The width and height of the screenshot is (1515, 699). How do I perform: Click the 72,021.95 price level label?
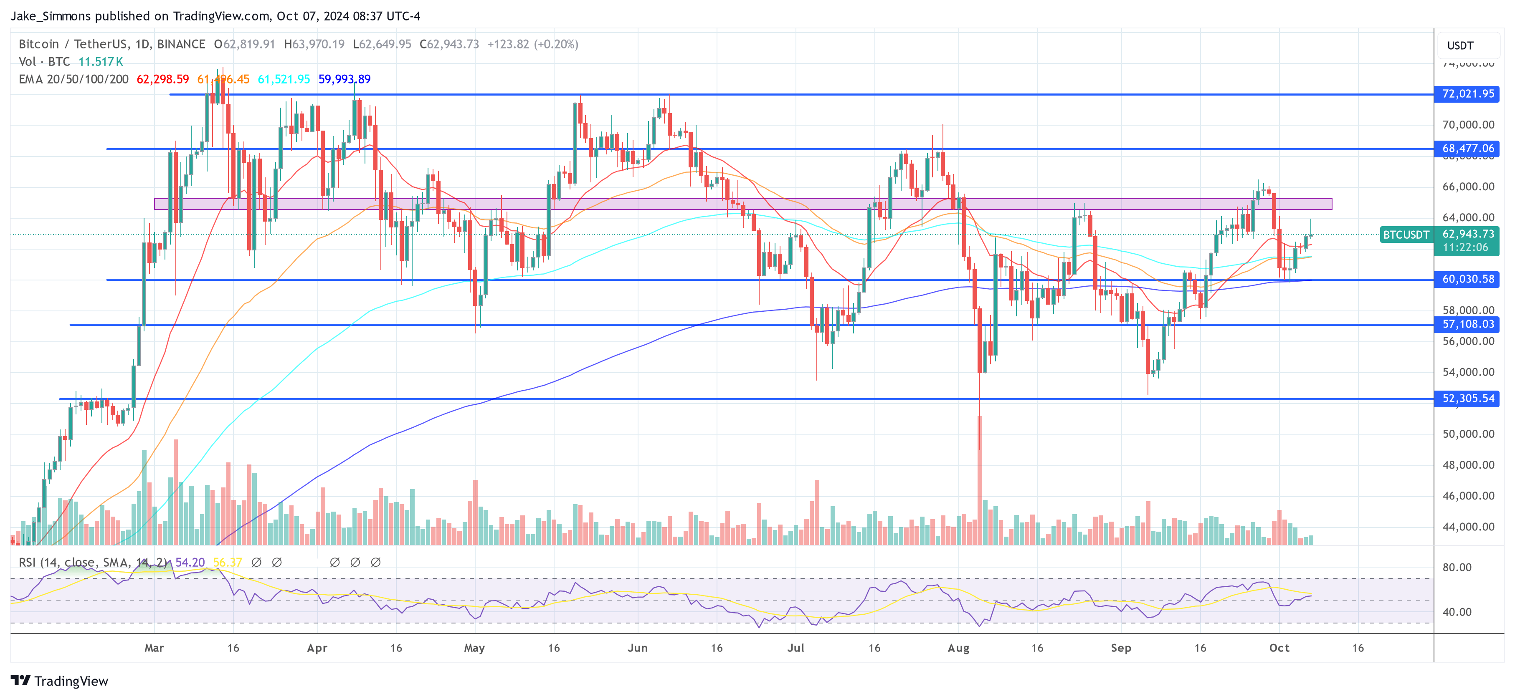(1467, 94)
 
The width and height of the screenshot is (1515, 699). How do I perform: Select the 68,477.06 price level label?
(1467, 149)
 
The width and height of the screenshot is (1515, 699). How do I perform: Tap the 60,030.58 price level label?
(1467, 279)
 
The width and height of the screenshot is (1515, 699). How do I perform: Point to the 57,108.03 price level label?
(1467, 324)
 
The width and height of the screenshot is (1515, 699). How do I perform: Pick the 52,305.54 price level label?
(1467, 399)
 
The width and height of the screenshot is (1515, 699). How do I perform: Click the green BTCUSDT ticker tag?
(1406, 235)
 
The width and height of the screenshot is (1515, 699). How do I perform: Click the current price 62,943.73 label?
(1467, 234)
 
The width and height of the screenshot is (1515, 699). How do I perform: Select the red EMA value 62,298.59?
(162, 79)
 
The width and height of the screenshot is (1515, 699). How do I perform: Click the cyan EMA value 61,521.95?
(284, 79)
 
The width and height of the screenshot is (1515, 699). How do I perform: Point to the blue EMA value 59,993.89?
(344, 79)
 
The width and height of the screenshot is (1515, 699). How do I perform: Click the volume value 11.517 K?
(101, 62)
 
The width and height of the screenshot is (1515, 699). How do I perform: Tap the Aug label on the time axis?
(958, 648)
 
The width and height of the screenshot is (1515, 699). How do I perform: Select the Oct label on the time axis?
(1279, 648)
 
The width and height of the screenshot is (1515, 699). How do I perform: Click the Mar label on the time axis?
(154, 648)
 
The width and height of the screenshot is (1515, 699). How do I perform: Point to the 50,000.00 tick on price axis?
(1468, 434)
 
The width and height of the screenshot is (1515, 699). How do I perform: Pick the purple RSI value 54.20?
(190, 563)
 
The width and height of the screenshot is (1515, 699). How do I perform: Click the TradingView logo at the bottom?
(59, 681)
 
